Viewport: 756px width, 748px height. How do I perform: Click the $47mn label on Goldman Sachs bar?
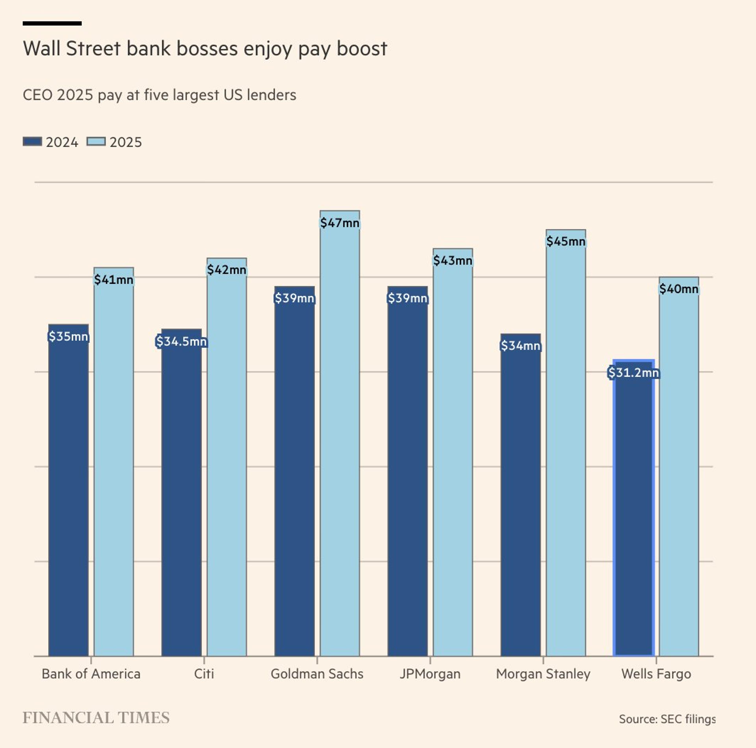click(x=340, y=223)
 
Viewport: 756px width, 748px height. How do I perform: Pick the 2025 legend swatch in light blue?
click(x=96, y=142)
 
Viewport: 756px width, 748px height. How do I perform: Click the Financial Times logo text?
click(x=96, y=718)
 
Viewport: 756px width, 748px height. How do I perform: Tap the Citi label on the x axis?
click(x=204, y=674)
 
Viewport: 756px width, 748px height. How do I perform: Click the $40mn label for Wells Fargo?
click(x=678, y=289)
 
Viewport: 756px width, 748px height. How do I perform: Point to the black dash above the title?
click(x=52, y=23)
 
